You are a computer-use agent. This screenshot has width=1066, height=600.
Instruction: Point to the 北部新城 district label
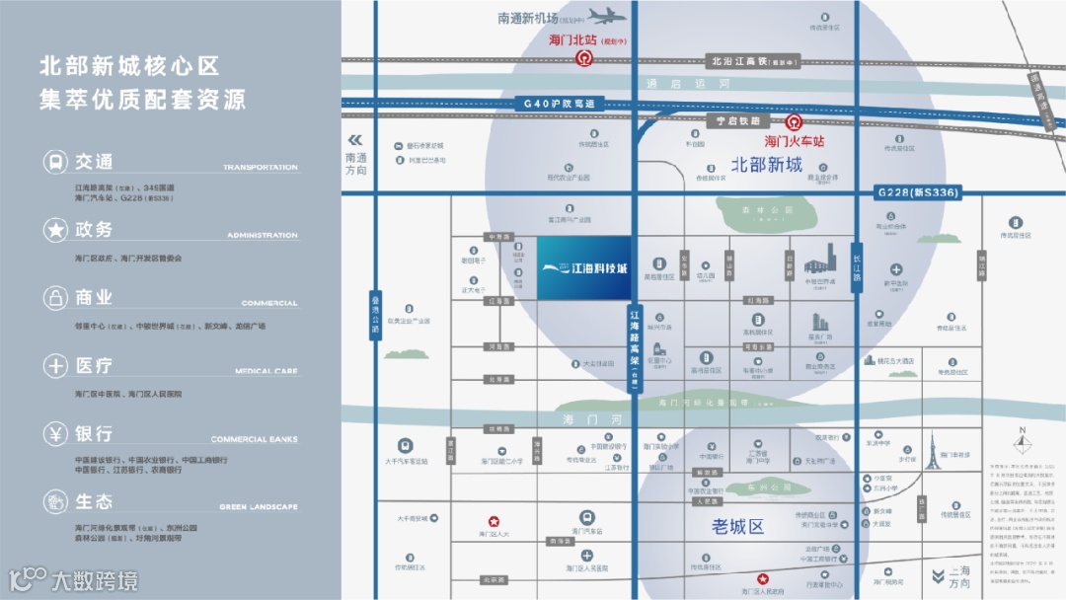tap(766, 164)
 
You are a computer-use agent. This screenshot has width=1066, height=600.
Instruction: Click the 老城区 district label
tap(738, 527)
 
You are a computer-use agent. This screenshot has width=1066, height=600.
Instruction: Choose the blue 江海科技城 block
tap(584, 266)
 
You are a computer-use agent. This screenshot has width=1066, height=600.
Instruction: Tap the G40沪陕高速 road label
tap(560, 104)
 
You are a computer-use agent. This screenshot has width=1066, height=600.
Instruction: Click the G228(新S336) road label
tap(917, 192)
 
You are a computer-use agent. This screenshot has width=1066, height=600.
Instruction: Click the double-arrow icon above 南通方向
tap(355, 140)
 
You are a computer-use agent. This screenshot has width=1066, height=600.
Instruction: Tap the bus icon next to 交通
tap(54, 162)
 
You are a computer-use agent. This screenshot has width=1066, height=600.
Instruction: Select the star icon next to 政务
tap(54, 230)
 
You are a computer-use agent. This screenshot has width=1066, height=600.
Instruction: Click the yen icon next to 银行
tap(54, 433)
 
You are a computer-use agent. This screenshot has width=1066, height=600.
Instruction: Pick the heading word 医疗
tap(94, 366)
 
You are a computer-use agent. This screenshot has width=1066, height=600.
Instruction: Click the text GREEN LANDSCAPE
tap(258, 507)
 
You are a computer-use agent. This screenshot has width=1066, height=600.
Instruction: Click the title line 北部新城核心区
tap(129, 66)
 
